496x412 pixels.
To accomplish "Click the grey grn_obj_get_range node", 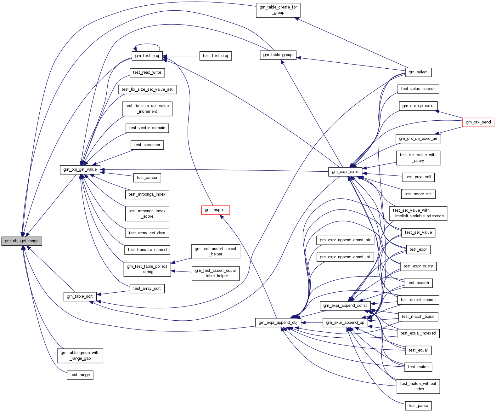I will point(22,241).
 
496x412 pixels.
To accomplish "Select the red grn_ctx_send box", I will point(478,122).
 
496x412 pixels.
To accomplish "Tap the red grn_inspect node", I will point(215,210).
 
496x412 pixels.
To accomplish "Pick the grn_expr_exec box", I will point(345,172).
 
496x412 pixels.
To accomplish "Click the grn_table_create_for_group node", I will point(278,10).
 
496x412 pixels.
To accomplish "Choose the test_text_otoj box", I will point(215,56).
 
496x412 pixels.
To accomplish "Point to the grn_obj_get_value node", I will point(80,169).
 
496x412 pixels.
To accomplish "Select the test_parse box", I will point(418,406).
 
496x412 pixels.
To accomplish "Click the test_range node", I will point(80,375).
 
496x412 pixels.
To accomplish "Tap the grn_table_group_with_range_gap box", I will point(80,356).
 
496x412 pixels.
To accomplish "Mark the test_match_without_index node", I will point(418,386).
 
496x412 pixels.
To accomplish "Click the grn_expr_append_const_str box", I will point(345,240).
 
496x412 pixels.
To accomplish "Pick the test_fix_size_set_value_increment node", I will point(147,109).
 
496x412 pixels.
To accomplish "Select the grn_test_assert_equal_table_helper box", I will point(215,273).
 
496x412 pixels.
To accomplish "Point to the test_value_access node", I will point(418,89).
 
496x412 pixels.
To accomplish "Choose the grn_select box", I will point(418,72).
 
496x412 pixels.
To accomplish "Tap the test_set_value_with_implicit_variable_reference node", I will point(418,213).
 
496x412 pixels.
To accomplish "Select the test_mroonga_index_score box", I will point(147,214).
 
